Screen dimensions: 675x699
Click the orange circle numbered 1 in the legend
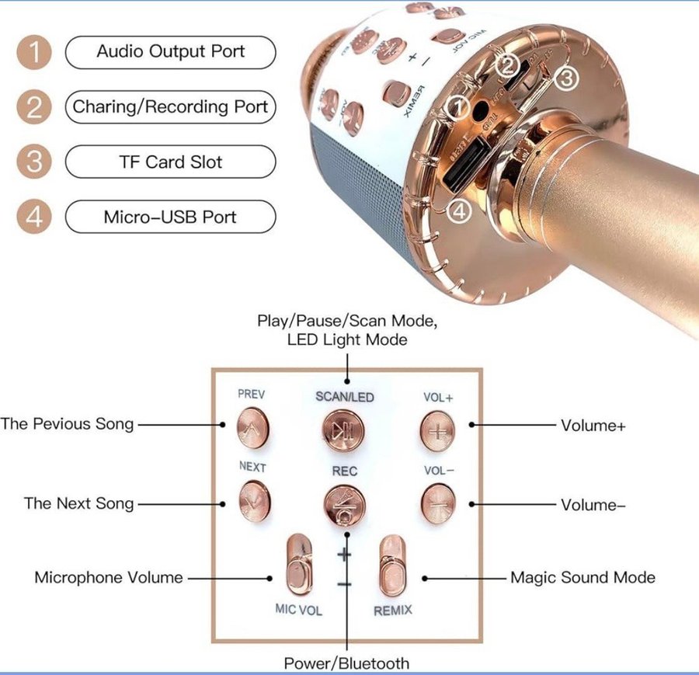(33, 53)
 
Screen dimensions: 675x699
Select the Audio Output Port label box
(170, 52)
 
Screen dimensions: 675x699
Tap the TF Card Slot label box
(170, 162)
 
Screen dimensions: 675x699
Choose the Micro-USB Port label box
(170, 217)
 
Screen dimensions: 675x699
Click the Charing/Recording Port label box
(170, 107)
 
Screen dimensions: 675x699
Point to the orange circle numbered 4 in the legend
(33, 217)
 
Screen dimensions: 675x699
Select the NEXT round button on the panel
(254, 500)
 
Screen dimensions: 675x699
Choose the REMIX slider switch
(392, 565)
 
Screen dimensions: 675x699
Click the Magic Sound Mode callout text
(582, 577)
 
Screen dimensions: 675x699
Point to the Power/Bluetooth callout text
(346, 663)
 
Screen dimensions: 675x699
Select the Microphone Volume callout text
(109, 577)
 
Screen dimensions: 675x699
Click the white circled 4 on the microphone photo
(461, 211)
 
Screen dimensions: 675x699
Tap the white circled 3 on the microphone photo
(567, 77)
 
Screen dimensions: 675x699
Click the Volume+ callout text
(593, 426)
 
